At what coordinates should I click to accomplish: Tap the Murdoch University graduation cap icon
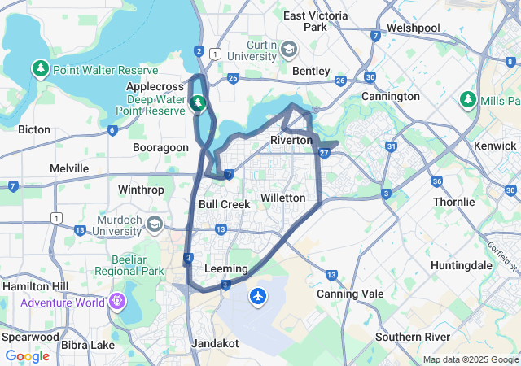click(x=155, y=223)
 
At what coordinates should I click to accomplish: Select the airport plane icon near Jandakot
click(x=259, y=296)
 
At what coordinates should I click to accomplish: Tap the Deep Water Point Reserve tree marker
click(x=197, y=103)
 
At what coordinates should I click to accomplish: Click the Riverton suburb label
click(x=291, y=141)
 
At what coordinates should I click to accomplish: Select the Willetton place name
click(x=282, y=198)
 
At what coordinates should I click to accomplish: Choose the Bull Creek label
click(x=224, y=204)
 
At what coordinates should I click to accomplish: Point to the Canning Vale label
click(x=349, y=294)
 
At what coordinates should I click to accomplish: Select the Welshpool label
click(x=413, y=28)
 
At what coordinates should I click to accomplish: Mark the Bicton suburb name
click(x=33, y=129)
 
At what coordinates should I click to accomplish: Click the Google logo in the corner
click(x=27, y=356)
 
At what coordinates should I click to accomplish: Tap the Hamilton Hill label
click(x=36, y=286)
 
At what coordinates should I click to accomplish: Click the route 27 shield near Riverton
click(x=324, y=152)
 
